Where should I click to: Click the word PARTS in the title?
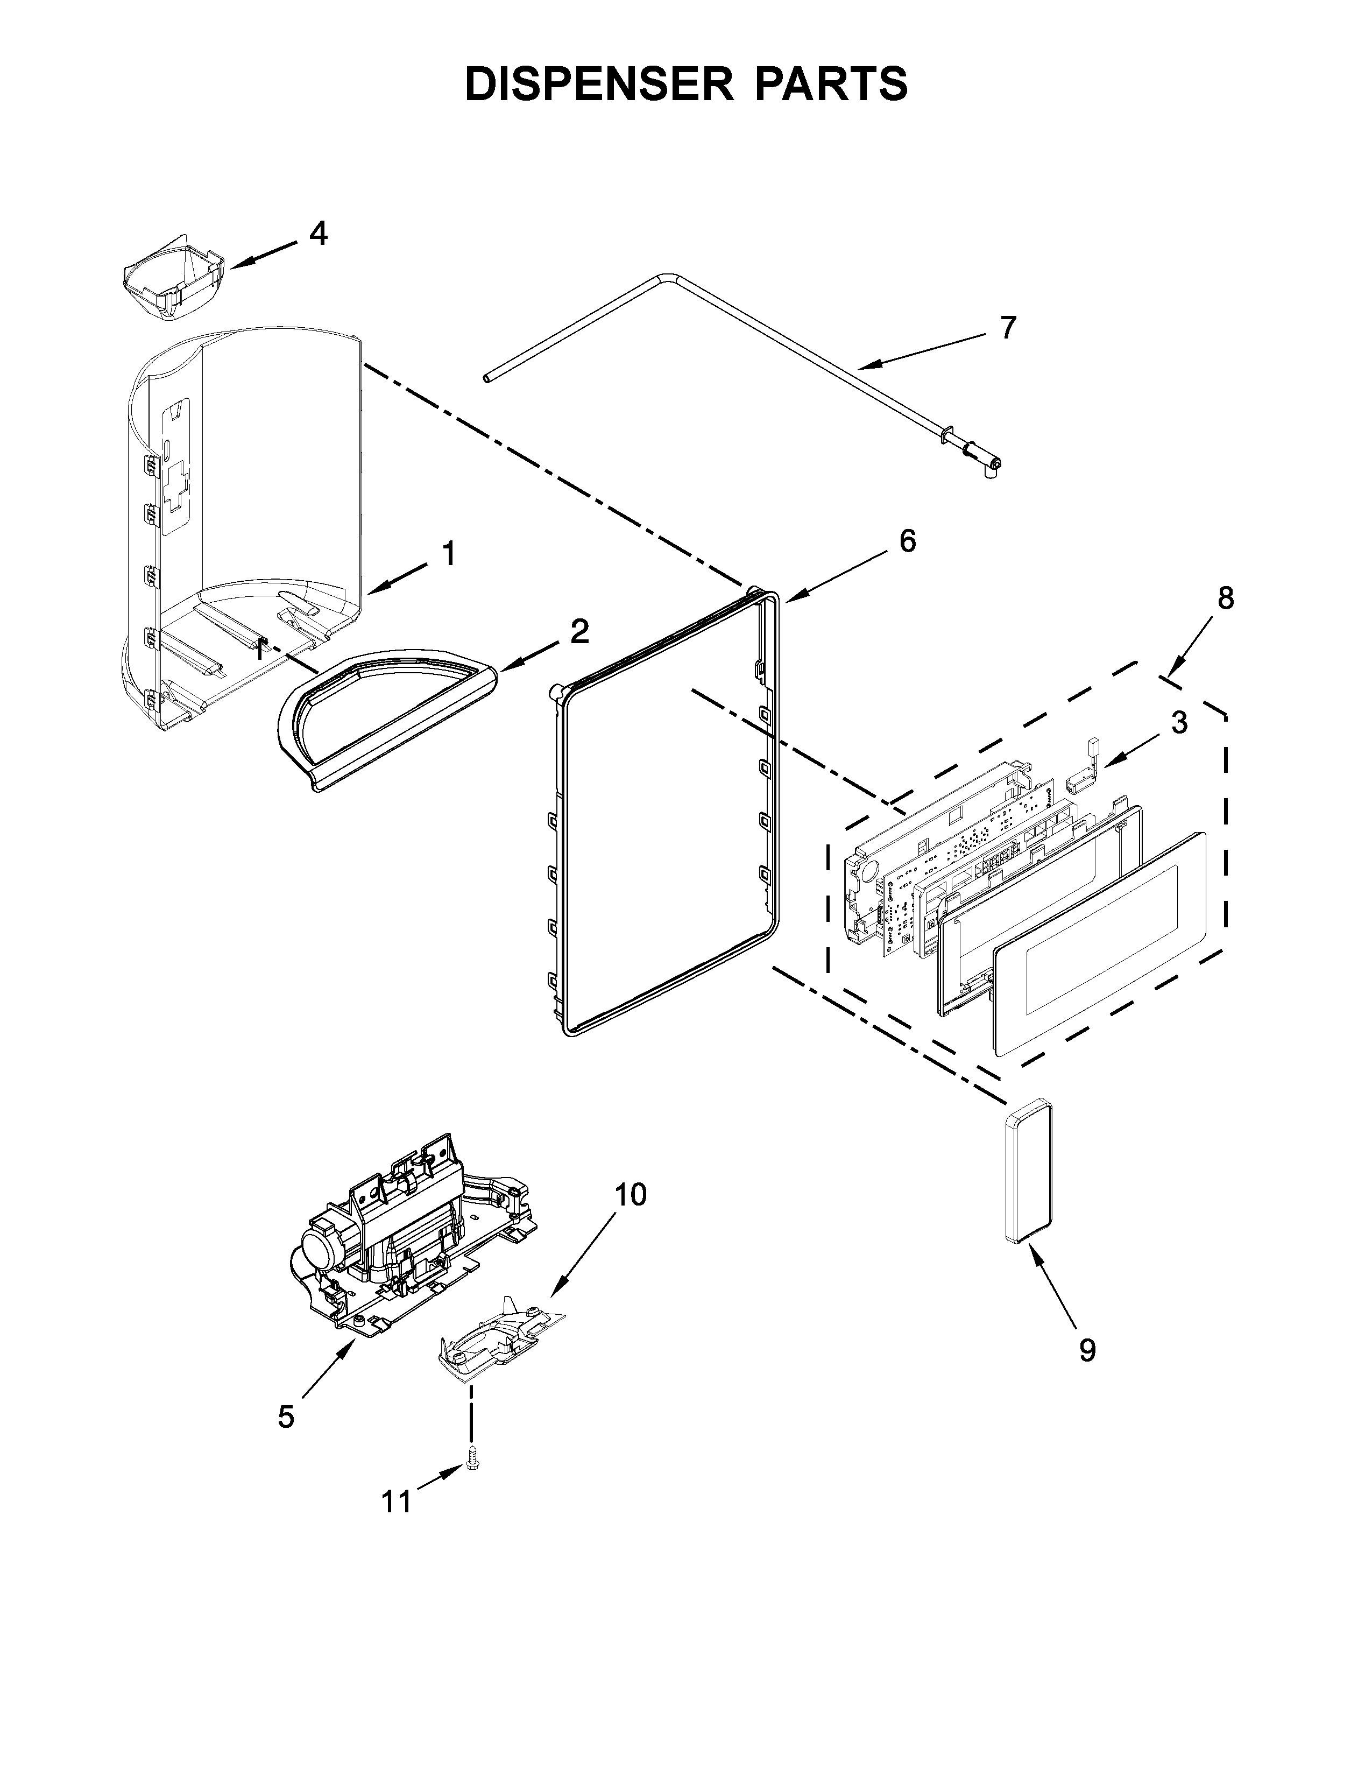click(830, 84)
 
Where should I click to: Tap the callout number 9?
click(1087, 1351)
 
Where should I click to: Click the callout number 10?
click(630, 1195)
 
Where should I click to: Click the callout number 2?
click(579, 631)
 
